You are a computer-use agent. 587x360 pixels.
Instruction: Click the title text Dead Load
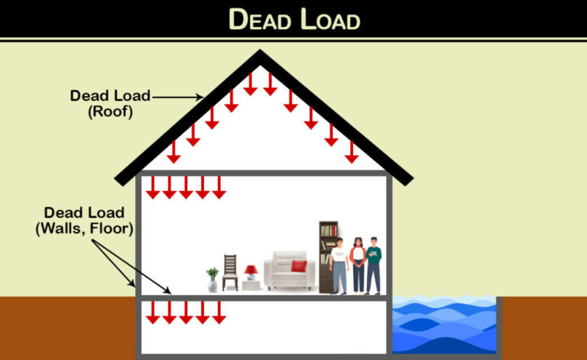coord(293,18)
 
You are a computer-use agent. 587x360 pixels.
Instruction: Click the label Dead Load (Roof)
coord(110,104)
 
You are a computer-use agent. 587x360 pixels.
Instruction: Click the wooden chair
coord(230,273)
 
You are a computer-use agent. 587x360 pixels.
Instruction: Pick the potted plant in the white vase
coord(212,280)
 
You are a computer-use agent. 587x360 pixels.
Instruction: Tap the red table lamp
coord(251,273)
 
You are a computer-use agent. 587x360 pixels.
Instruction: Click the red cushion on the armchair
coord(298,267)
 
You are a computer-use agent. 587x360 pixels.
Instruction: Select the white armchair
coord(289,271)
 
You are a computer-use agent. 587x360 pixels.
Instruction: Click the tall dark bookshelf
coord(327,256)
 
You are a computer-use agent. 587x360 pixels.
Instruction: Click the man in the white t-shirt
coord(339,265)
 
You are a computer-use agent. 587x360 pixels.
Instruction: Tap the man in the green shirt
coord(374,265)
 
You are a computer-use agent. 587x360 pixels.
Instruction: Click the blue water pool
coord(443,325)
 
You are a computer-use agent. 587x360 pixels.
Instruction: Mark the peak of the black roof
coord(261,55)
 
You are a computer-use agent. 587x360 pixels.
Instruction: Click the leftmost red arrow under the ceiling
coord(151,187)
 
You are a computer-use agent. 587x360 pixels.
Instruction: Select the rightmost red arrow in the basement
coord(219,312)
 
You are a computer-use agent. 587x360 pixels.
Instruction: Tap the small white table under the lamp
coord(251,286)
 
